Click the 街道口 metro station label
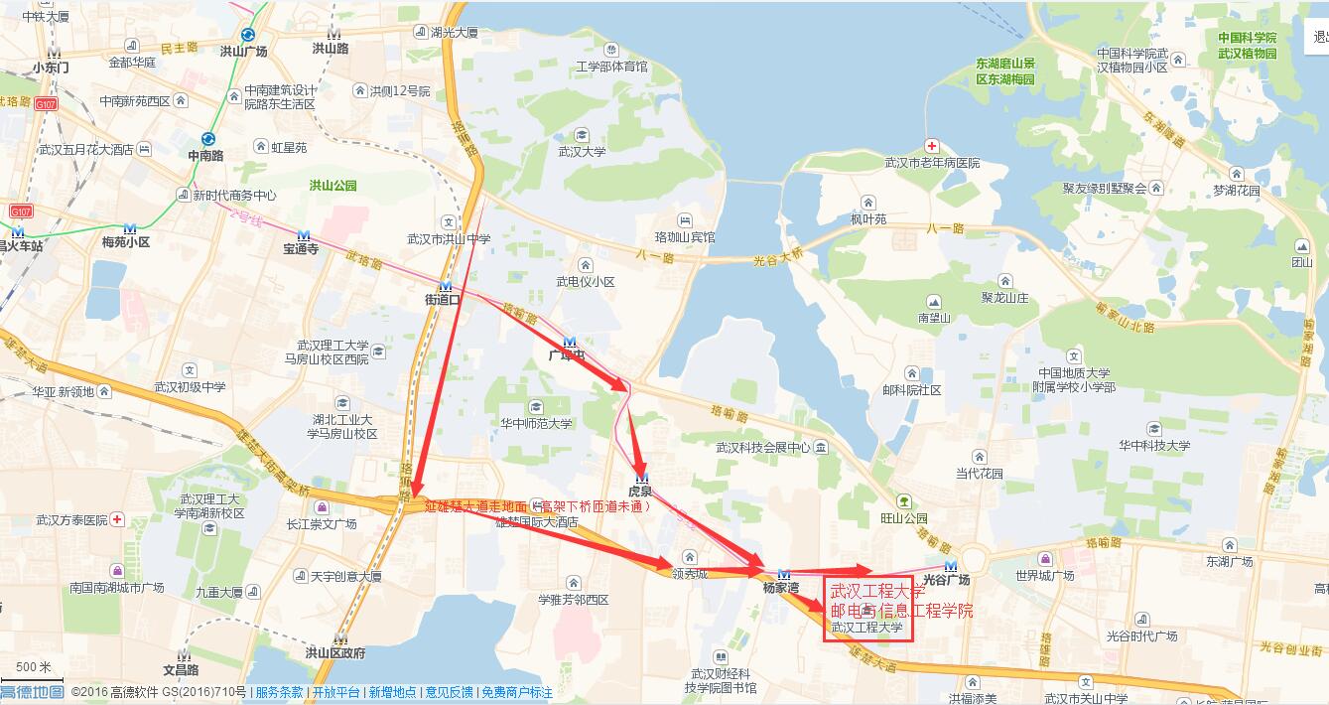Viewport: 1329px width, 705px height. [443, 300]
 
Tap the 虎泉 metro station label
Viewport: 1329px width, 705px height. [640, 491]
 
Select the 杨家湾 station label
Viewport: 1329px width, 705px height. [781, 587]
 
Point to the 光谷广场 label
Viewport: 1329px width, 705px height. [946, 579]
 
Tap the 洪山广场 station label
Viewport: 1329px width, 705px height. [243, 51]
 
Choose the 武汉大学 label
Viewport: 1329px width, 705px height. [582, 152]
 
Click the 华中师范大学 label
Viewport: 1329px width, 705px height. [536, 423]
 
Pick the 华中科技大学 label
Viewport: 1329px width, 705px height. [1154, 446]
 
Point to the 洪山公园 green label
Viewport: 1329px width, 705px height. [332, 186]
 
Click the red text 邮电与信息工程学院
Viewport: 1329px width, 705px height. [901, 610]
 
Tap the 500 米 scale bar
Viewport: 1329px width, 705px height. [32, 667]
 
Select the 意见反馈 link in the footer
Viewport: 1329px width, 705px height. [448, 692]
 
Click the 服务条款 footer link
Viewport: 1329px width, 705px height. [279, 692]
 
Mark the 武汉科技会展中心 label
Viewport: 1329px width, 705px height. [763, 448]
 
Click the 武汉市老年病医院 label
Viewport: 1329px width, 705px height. [932, 163]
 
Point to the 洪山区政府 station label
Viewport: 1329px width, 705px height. [335, 652]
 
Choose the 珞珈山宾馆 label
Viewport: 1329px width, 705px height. [685, 237]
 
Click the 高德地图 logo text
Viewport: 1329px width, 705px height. [32, 692]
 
